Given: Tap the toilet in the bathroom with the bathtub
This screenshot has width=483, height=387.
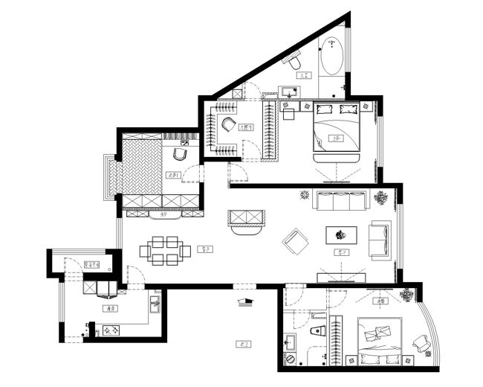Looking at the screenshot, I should pos(296,65).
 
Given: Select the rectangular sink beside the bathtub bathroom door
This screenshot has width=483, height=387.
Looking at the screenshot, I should pos(288,92).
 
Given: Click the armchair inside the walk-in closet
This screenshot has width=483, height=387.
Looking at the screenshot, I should pos(227,124).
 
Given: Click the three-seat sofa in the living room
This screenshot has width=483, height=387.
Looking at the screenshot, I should pos(343,201).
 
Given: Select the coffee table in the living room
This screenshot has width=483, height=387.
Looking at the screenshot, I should pos(342,234).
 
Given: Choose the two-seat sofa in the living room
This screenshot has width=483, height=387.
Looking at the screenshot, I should pos(380,240).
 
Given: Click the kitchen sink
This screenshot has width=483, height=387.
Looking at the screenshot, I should pos(155,304).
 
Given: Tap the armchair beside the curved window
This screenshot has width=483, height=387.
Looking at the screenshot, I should pos(421,343).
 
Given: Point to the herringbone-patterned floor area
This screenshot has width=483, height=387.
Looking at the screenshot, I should pos(143,168).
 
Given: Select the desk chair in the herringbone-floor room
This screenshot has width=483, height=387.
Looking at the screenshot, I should pos(180,154).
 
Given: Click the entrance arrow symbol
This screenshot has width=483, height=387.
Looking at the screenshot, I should pos(244,301).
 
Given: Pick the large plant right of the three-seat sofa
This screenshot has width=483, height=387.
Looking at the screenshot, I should pos(381,198).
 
